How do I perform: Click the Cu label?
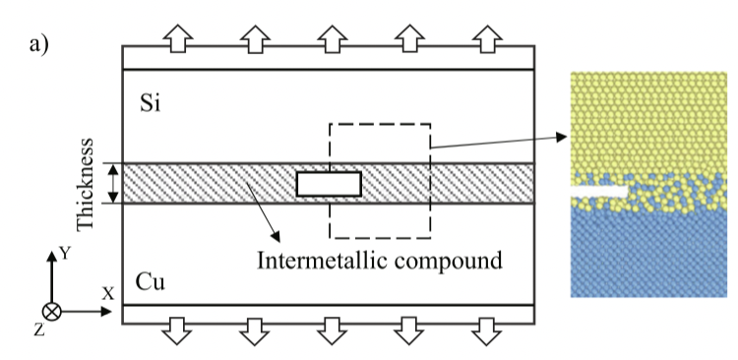pos(151,283)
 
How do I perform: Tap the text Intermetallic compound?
pos(380,261)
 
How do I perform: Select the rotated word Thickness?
pos(87,183)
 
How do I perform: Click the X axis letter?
pos(108,293)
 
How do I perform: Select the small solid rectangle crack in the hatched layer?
pos(329,184)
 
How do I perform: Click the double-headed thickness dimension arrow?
pos(113,183)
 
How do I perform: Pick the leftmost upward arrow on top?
pos(176,36)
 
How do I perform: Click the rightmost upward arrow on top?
pos(486,36)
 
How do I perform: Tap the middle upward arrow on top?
pos(331,36)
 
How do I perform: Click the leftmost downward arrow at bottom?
pos(176,331)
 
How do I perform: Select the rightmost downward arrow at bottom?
pos(486,331)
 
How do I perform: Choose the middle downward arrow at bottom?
pos(331,331)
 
